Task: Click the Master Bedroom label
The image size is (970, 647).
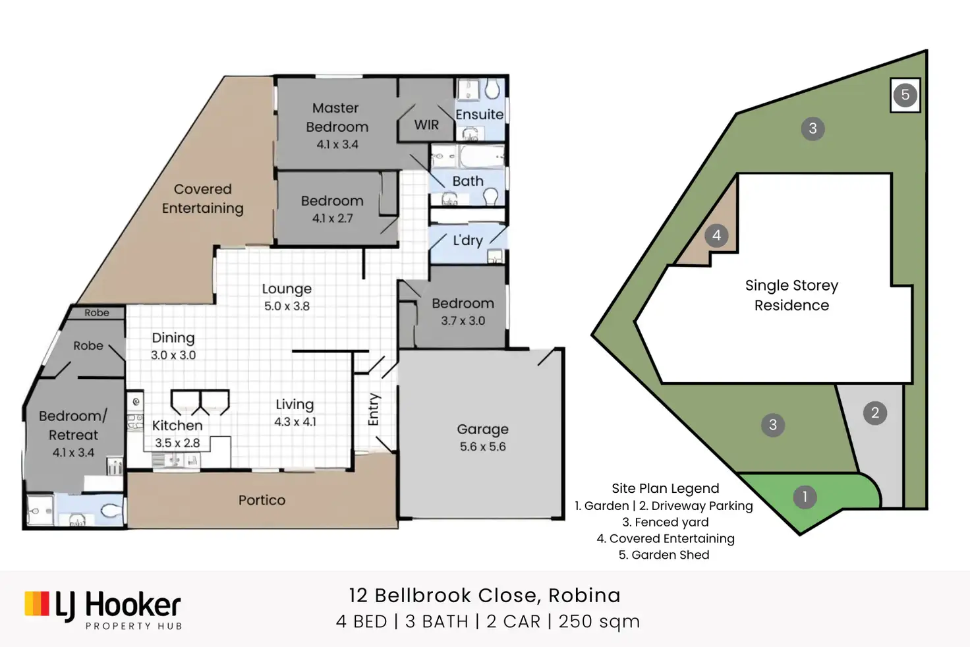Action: pos(337,117)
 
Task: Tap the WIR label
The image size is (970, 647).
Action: pos(426,125)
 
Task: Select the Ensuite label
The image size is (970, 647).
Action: pos(479,115)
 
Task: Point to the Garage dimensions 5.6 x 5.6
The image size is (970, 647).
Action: pos(483,447)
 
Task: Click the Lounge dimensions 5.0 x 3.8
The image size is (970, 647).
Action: pos(287,306)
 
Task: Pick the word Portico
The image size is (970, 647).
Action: pos(262,500)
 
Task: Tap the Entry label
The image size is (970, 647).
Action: pos(374,409)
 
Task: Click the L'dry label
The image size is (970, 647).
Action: pos(467,240)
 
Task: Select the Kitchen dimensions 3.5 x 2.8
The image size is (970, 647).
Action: pos(177,443)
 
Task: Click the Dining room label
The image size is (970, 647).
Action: pos(173,338)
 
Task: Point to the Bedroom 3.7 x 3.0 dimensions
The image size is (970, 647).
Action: pos(463,321)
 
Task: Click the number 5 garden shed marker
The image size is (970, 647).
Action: pos(905,95)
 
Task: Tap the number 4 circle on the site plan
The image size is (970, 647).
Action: pos(716,235)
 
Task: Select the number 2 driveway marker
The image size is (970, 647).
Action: pos(875,413)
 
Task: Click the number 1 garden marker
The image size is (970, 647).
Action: pos(805,497)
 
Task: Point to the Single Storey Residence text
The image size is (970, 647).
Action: pos(791,295)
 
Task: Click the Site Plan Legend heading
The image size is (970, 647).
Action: pos(665,488)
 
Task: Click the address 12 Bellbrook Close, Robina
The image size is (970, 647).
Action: pos(484,596)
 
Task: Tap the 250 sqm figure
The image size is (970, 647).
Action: pos(599,621)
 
